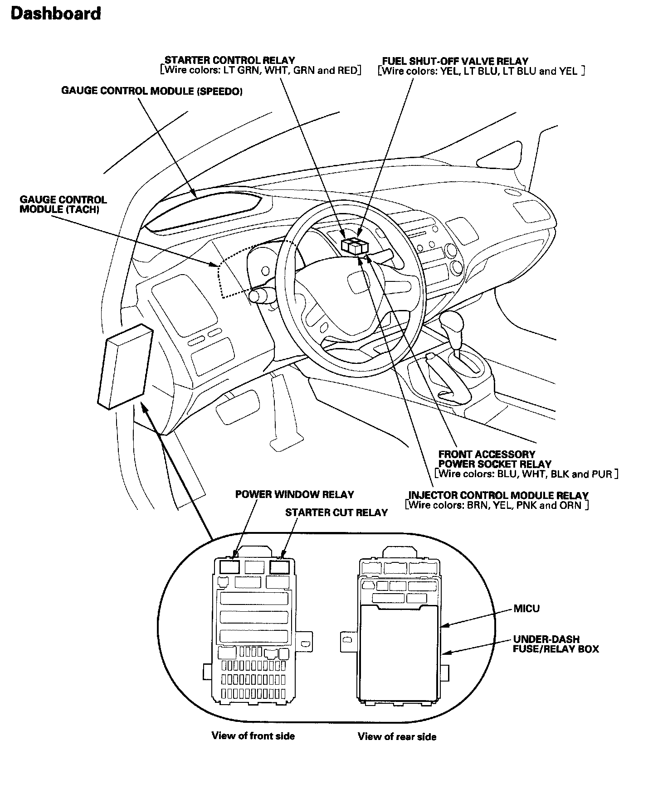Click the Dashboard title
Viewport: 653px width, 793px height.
(x=55, y=14)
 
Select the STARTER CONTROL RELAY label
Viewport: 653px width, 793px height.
(x=229, y=60)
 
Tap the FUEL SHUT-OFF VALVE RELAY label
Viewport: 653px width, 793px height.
(x=455, y=61)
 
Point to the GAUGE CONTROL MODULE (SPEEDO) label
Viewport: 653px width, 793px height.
(x=151, y=91)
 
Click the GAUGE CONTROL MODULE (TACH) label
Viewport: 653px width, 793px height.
(x=63, y=204)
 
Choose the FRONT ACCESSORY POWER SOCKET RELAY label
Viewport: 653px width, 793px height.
(x=494, y=459)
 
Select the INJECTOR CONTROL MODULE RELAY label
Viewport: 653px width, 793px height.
(x=498, y=495)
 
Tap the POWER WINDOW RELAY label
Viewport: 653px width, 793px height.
(x=294, y=494)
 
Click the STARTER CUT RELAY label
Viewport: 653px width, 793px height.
(x=336, y=513)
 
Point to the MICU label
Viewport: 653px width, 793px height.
(x=526, y=608)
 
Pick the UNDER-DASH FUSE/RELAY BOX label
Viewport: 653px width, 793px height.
(x=555, y=644)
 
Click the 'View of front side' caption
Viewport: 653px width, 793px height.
(x=253, y=736)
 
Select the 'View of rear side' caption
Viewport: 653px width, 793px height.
(x=397, y=737)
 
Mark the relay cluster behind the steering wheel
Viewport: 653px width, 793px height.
(x=355, y=246)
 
